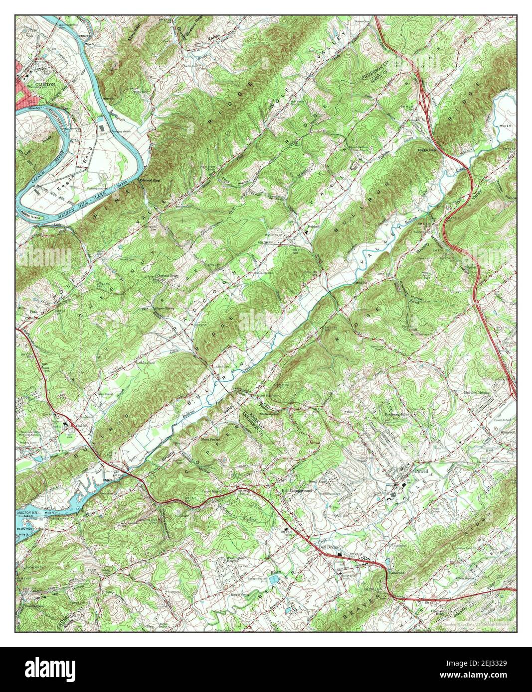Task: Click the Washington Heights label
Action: (237, 559)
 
